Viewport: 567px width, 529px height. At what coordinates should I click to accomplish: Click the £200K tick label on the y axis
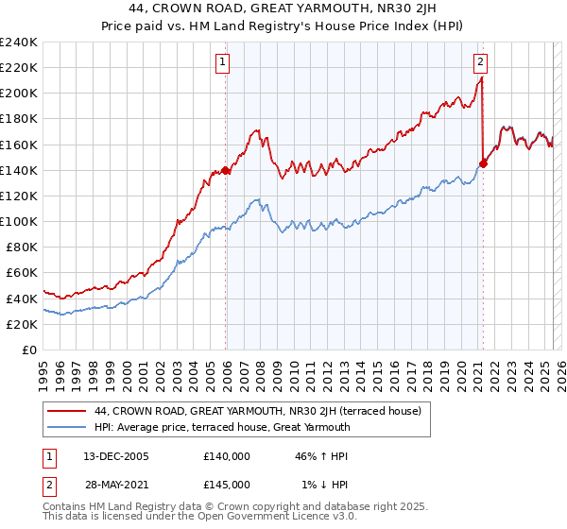pyautogui.click(x=19, y=94)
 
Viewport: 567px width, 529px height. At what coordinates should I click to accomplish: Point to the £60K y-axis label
pyautogui.click(x=22, y=273)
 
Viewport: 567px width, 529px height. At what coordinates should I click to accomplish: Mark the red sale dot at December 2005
pyautogui.click(x=226, y=170)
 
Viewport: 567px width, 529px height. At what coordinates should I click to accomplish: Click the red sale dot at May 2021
pyautogui.click(x=484, y=163)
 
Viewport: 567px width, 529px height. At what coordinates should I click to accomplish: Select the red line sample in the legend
pyautogui.click(x=67, y=411)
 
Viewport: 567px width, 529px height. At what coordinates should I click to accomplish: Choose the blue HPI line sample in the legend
pyautogui.click(x=67, y=427)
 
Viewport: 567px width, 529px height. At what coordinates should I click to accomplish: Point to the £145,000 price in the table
pyautogui.click(x=227, y=484)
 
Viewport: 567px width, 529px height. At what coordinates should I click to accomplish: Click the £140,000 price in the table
pyautogui.click(x=227, y=455)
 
